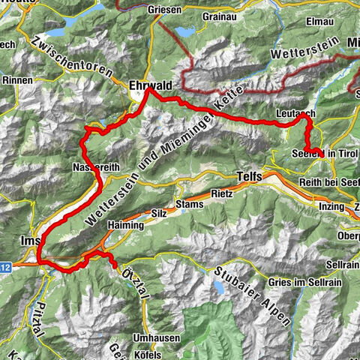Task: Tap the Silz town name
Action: pyautogui.click(x=159, y=214)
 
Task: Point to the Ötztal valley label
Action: pyautogui.click(x=130, y=282)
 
